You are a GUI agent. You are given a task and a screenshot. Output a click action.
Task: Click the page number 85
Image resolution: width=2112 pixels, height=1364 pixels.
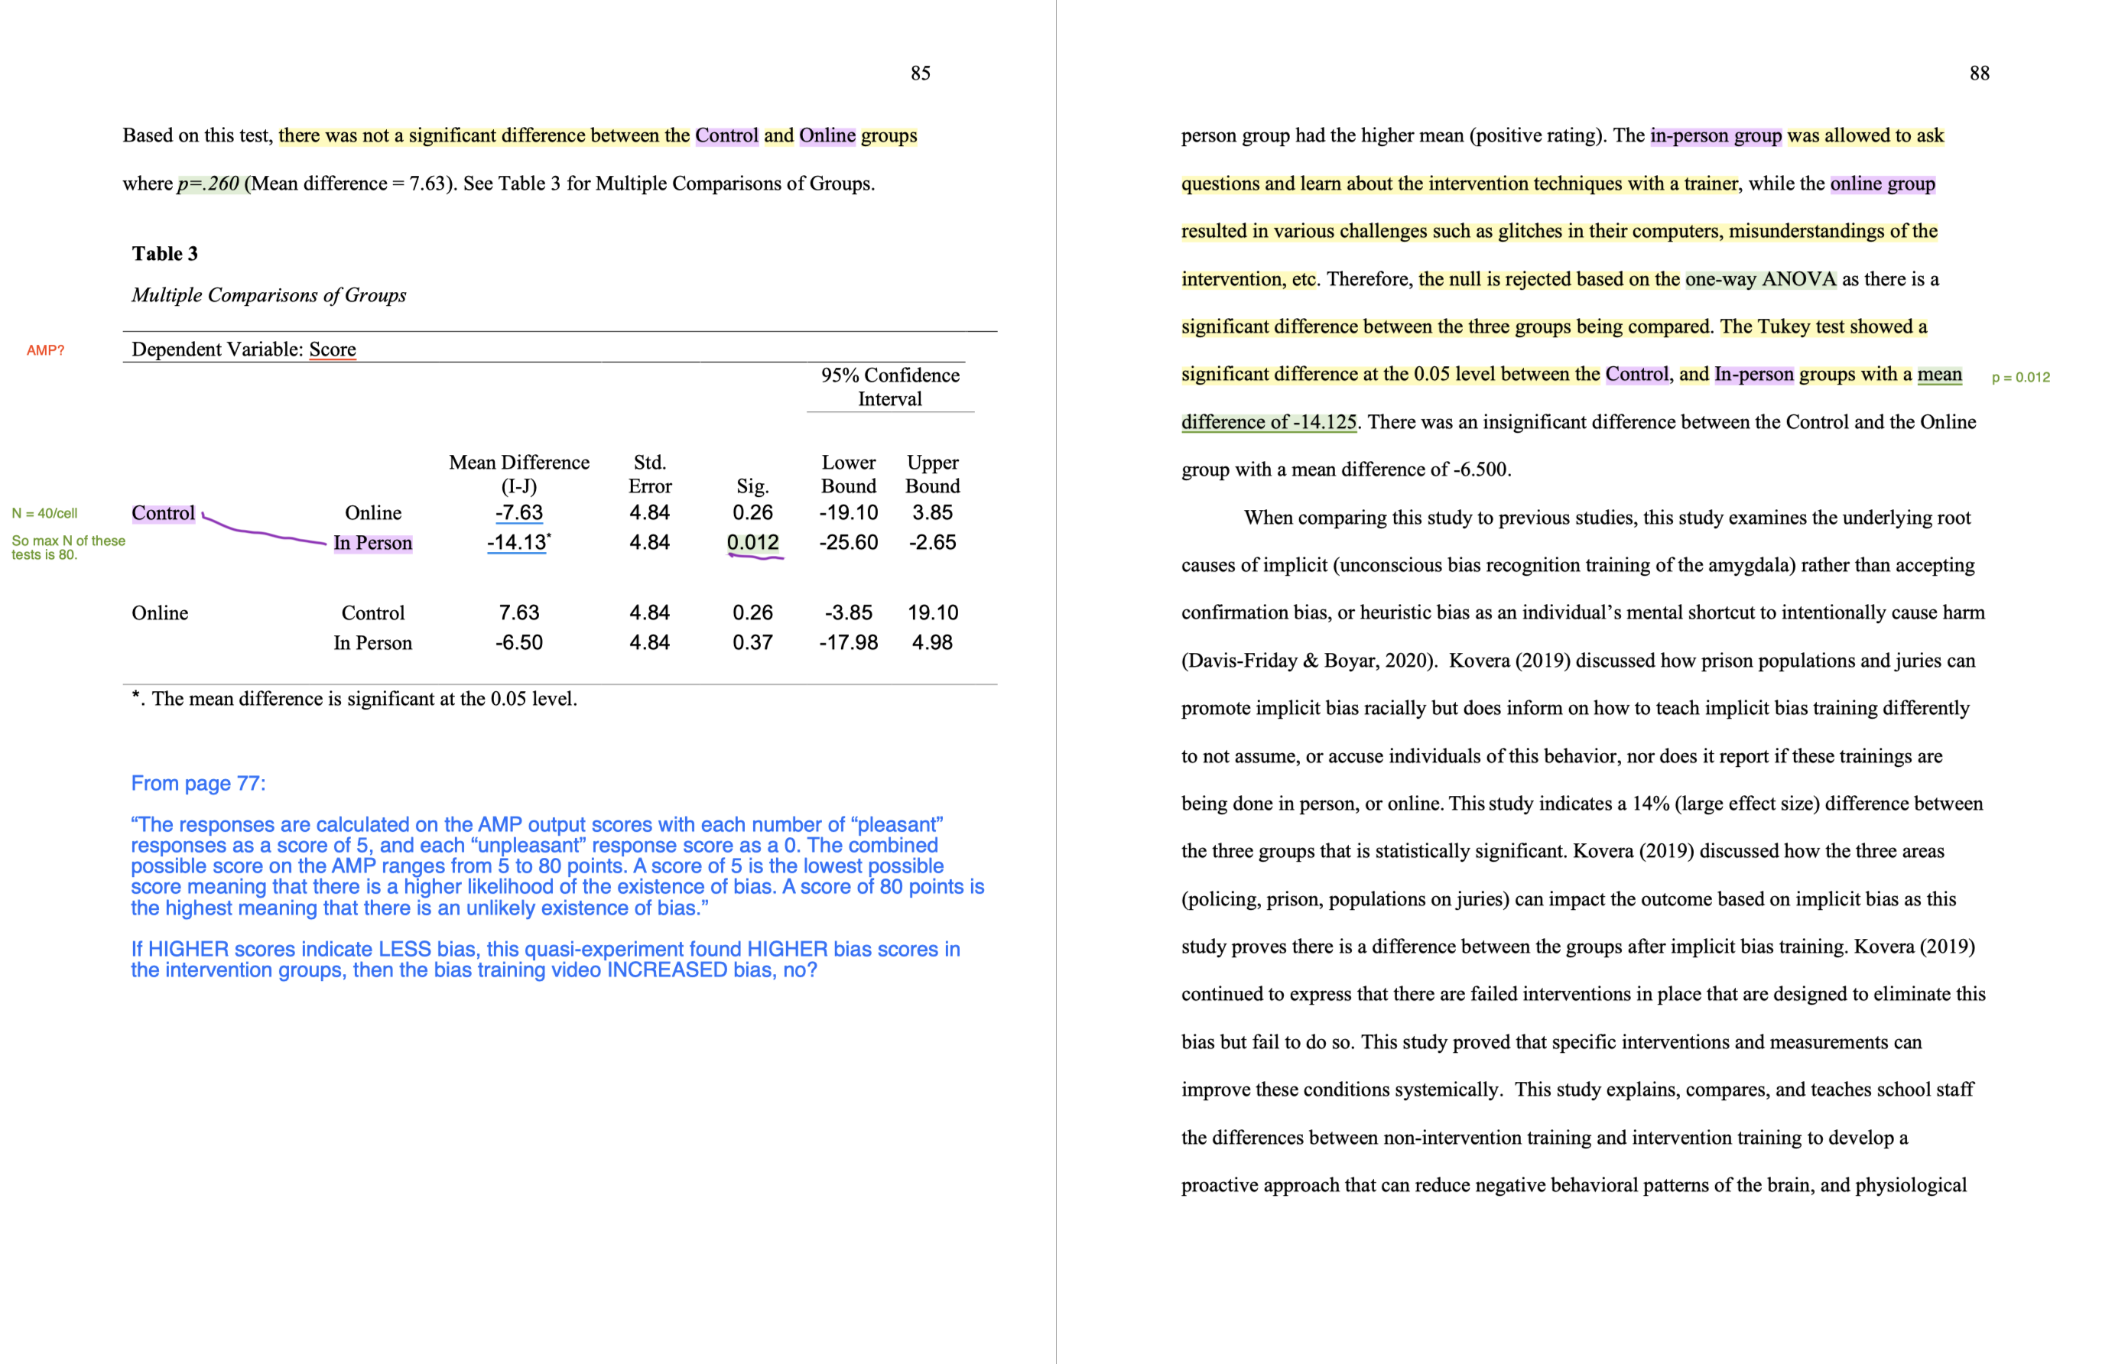point(920,73)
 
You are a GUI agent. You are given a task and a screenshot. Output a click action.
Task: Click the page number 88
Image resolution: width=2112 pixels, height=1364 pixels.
point(1978,73)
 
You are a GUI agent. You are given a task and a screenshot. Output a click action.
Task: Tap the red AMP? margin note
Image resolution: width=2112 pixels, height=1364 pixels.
point(45,351)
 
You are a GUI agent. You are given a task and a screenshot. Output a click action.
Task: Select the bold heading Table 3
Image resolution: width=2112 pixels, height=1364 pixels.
point(164,254)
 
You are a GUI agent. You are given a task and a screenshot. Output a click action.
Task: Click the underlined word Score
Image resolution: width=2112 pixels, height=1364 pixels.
point(332,350)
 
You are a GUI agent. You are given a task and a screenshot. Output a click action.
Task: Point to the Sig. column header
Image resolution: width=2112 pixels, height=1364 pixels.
point(752,486)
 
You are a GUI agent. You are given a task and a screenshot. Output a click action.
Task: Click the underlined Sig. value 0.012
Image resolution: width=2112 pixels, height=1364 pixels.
point(752,543)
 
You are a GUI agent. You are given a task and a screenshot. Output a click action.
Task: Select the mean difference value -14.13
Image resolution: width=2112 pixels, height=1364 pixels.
point(517,543)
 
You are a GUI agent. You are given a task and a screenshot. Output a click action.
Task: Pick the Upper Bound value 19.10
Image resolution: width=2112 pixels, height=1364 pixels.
point(931,613)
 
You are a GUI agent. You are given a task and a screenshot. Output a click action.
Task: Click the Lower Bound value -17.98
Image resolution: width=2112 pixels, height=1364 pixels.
point(847,643)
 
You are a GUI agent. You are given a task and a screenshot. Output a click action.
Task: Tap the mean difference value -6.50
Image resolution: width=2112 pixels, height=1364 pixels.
point(519,643)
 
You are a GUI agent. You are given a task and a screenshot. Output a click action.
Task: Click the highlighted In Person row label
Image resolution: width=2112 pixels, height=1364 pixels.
point(373,543)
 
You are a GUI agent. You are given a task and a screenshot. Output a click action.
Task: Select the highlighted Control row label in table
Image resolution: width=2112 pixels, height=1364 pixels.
point(163,514)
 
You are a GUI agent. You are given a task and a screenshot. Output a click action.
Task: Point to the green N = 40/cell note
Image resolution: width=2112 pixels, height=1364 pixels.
point(44,514)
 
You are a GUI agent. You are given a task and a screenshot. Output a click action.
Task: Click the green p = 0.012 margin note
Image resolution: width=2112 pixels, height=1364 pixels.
point(2020,377)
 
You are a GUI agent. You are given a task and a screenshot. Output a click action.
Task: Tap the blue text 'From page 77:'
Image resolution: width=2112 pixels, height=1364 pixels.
point(198,784)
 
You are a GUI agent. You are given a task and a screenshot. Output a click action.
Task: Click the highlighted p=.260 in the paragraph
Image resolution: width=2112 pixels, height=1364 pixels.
point(209,184)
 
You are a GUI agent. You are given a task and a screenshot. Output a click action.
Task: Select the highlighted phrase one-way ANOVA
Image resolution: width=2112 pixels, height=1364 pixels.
point(1759,280)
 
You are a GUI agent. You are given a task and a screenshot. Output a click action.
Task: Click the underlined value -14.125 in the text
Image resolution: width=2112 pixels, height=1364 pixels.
point(1324,423)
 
